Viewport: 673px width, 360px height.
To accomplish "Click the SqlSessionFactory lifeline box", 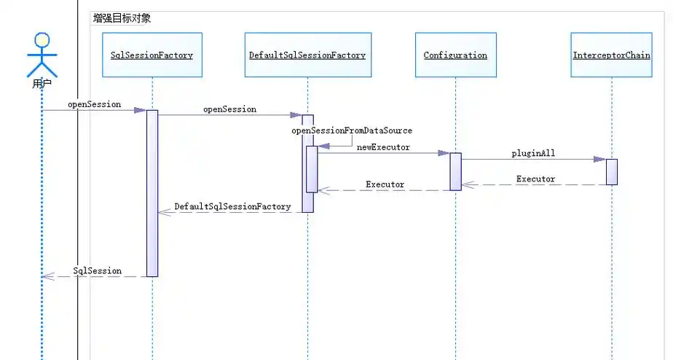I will coord(151,55).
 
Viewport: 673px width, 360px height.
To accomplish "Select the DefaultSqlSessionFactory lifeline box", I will coord(307,55).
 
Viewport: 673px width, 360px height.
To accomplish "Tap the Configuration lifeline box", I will coord(455,55).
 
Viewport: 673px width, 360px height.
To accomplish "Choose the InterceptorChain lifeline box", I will coord(611,55).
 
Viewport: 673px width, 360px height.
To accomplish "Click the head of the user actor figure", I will coord(42,42).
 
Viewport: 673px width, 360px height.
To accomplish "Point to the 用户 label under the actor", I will coord(42,85).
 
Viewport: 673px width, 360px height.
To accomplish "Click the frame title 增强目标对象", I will coord(122,18).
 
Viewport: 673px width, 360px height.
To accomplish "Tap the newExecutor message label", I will coord(383,147).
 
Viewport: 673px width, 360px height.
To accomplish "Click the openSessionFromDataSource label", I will coord(352,130).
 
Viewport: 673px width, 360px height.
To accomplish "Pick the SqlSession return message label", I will coord(98,270).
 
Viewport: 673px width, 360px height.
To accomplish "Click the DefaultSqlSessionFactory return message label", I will coord(232,207).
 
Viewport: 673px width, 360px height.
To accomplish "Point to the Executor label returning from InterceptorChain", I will coord(535,179).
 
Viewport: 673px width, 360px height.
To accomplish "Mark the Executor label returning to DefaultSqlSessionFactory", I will coord(385,184).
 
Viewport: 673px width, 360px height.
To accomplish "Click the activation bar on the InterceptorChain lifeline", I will coord(612,171).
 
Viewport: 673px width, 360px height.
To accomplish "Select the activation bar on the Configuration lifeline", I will coord(455,171).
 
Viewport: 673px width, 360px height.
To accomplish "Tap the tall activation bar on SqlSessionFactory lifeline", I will coord(152,193).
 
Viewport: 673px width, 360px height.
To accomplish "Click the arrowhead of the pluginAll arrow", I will coord(599,159).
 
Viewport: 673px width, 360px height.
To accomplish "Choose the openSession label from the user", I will coord(94,104).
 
